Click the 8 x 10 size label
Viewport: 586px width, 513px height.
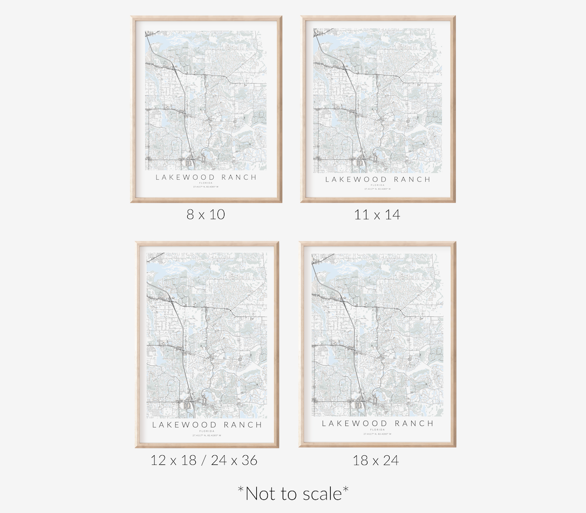206,214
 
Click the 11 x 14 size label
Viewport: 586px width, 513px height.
377,214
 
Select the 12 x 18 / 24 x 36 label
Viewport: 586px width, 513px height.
204,460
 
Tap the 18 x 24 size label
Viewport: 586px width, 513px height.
376,460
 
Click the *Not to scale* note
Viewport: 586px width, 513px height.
293,492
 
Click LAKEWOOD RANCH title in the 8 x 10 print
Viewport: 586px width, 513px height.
206,177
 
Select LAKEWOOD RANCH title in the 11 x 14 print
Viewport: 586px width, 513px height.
378,179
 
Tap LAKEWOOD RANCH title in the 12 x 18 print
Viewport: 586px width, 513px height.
207,424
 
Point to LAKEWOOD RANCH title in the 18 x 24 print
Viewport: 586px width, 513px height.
378,423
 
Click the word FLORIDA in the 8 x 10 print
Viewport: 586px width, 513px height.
206,183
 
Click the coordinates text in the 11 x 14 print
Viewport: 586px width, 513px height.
378,189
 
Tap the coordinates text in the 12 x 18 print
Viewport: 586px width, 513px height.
207,435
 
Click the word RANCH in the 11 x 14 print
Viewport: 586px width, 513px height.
412,179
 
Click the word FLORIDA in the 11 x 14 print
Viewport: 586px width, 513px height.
378,185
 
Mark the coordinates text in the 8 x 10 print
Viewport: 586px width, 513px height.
206,187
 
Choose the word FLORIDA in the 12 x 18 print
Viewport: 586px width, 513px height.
207,431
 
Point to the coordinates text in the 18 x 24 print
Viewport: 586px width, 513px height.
378,434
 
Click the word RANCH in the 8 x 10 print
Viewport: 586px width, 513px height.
238,177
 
